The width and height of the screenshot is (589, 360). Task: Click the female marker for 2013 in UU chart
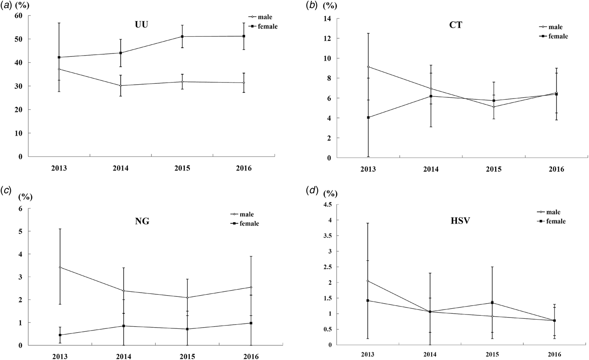(x=59, y=57)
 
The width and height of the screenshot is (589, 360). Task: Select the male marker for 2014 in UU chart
(x=121, y=85)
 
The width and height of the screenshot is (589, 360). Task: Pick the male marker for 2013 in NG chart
(x=60, y=267)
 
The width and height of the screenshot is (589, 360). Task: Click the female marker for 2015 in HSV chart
(x=492, y=303)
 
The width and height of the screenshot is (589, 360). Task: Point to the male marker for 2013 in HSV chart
(x=369, y=281)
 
